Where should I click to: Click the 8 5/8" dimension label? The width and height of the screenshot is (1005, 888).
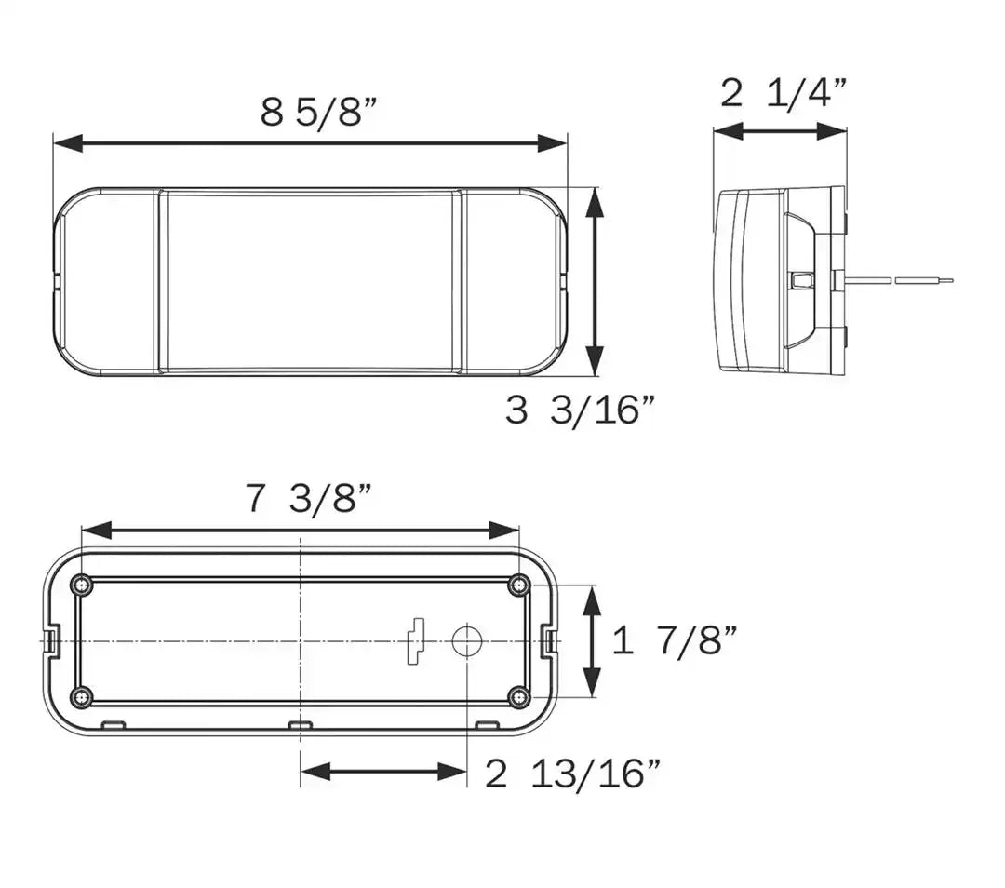(x=318, y=112)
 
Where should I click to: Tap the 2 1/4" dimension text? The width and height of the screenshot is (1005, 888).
(x=784, y=93)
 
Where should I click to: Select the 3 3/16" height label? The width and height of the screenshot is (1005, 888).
(x=580, y=410)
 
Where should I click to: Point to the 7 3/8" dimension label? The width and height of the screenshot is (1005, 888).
(x=308, y=498)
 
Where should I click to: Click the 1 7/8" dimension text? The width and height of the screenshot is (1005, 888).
(x=675, y=640)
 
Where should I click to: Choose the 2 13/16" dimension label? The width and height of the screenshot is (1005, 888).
(x=572, y=774)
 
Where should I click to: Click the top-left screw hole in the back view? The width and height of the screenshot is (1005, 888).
(x=81, y=585)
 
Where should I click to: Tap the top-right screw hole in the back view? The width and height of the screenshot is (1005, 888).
(x=518, y=585)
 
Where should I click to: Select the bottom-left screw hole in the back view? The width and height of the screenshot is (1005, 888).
(x=81, y=697)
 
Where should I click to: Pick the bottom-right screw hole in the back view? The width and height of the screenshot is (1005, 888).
(x=520, y=696)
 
